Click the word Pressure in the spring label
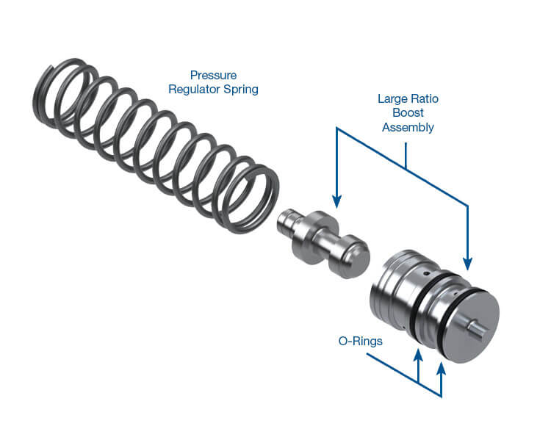coord(213,75)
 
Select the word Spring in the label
coord(244,90)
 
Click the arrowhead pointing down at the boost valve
coord(336,201)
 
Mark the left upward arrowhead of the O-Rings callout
coord(419,355)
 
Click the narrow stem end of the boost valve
coord(284,224)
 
